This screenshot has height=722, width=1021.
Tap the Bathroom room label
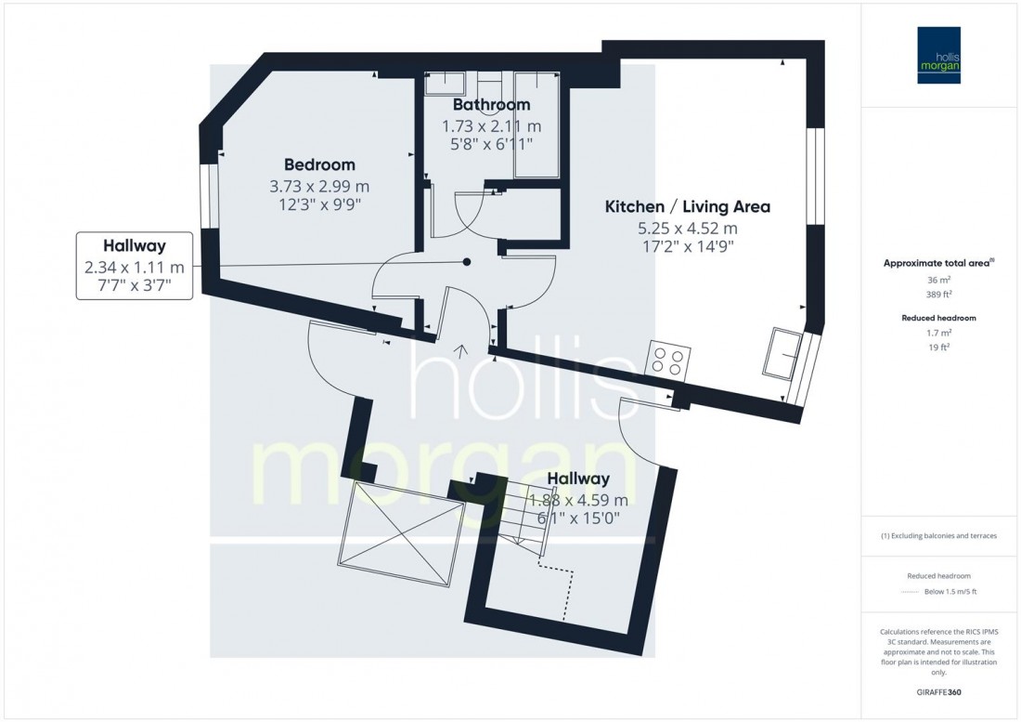pos(491,105)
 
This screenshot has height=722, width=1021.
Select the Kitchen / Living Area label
pos(687,206)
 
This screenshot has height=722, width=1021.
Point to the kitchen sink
pos(782,353)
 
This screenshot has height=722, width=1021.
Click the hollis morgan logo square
pos(938,55)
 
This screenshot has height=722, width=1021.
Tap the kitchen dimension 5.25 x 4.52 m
pos(687,228)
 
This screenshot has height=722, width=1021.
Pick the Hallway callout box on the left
pos(135,267)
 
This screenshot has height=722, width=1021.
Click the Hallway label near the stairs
pos(577,479)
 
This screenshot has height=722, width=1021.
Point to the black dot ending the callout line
pos(467,262)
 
